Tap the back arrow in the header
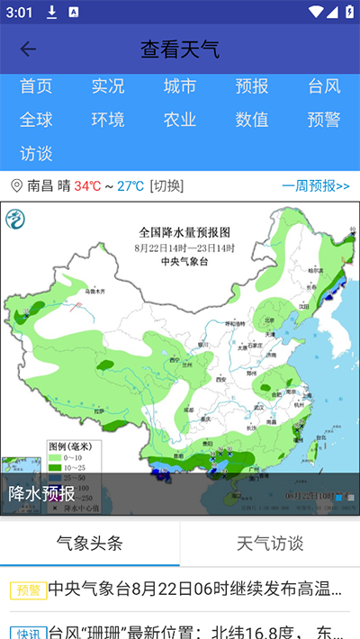pos(28,49)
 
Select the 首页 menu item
pos(36,86)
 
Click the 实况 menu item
pos(108,86)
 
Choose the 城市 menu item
pos(180,86)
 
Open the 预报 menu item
pos(252,86)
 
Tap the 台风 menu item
pos(324,86)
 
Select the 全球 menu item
pos(36,120)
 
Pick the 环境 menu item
pos(108,120)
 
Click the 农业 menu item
pos(180,120)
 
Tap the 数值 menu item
pos(252,120)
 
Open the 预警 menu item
pos(324,120)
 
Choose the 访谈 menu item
pos(36,153)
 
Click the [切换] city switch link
pos(166,186)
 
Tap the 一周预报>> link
pos(315,186)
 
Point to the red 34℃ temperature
pos(87,186)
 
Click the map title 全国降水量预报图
pos(184,231)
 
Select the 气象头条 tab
pos(90,543)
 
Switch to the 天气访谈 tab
pos(270,543)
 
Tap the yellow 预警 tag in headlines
pos(28,590)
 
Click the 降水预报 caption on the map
pos(41,493)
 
